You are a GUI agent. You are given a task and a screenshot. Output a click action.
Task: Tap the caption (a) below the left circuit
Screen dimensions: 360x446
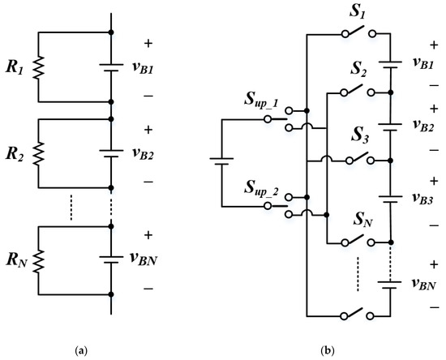pos(81,350)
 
